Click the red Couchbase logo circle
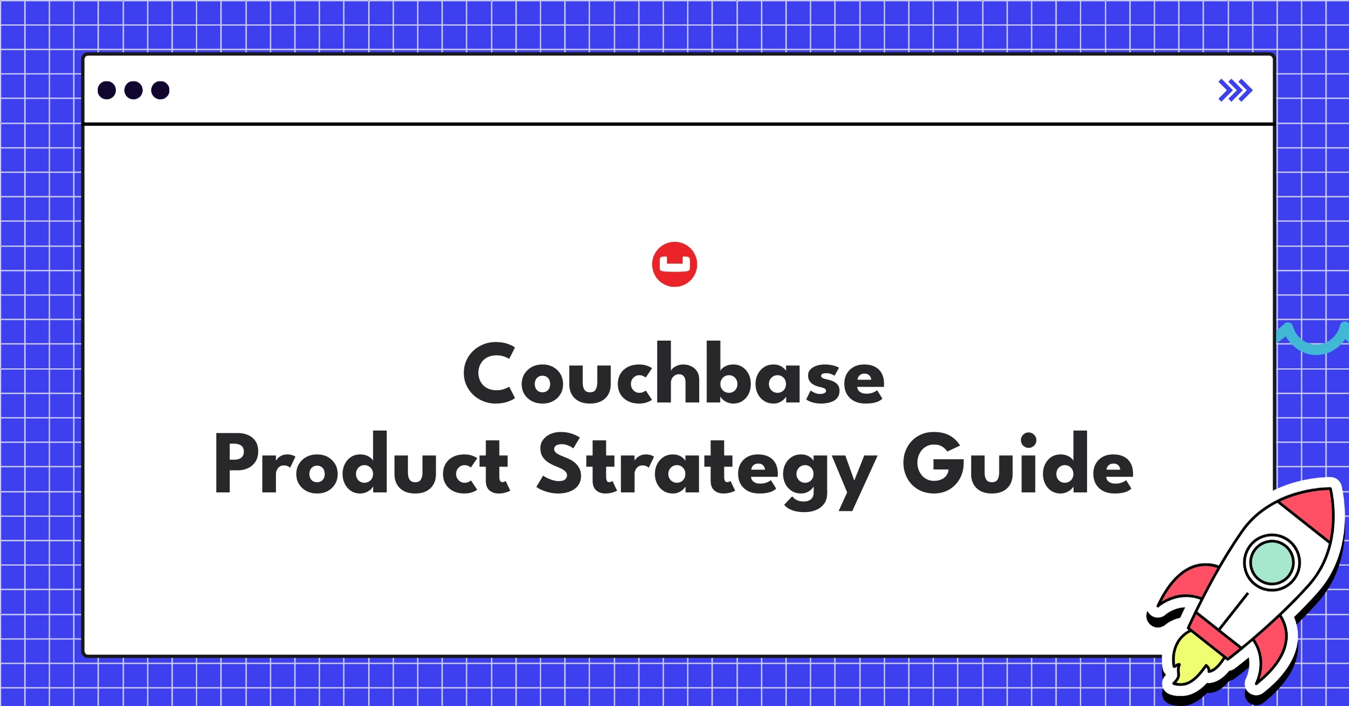[674, 264]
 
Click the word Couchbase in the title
[673, 373]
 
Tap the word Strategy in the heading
[706, 471]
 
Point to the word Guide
[1018, 463]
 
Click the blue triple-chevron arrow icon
[1235, 90]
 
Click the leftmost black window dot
[107, 90]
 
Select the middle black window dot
[133, 90]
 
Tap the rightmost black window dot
[160, 90]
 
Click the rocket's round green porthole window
[1271, 562]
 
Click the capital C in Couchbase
[490, 373]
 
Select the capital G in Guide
[931, 463]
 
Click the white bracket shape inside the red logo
[674, 264]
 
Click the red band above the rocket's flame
[1214, 636]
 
